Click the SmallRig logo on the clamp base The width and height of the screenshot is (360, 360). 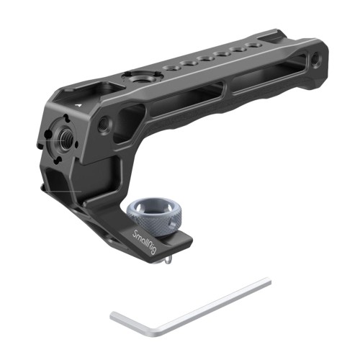tap(145, 240)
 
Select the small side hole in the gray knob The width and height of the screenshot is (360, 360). tap(172, 224)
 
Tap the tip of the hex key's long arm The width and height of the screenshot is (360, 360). tap(269, 282)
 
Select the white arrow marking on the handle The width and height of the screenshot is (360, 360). tap(77, 105)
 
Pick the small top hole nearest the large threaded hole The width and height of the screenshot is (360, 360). tap(170, 68)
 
